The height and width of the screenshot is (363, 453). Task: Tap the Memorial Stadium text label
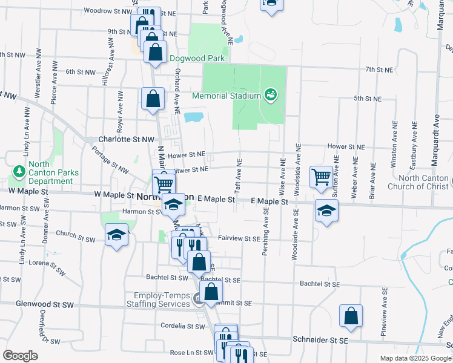tap(226, 96)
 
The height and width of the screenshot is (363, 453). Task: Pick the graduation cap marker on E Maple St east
tap(326, 211)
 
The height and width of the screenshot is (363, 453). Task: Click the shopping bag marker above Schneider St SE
tap(351, 316)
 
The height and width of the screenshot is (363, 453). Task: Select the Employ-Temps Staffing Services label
tap(157, 299)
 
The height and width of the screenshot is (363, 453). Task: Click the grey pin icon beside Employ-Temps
tap(197, 299)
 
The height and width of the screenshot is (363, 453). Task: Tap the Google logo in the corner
tap(20, 356)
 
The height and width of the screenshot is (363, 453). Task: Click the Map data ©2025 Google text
tap(415, 358)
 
